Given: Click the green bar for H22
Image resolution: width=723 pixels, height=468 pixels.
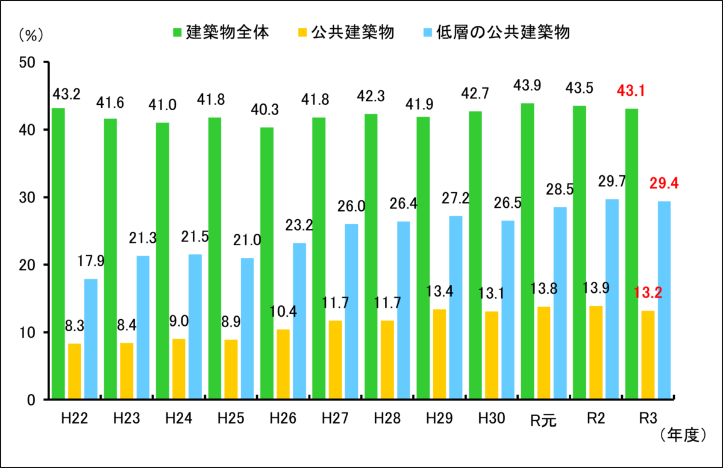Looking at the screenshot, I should (x=58, y=253).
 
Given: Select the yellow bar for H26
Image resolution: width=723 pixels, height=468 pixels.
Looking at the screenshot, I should (x=283, y=364).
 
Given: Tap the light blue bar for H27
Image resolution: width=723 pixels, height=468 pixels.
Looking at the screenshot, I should (x=351, y=311).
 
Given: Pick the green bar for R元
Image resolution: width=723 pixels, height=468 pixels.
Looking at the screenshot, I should (x=527, y=251).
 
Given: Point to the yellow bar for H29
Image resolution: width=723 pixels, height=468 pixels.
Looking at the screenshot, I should (x=439, y=354).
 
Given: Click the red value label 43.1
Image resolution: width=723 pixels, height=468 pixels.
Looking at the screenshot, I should (x=632, y=92).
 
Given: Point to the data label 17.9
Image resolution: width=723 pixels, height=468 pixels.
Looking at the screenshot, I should (x=90, y=261).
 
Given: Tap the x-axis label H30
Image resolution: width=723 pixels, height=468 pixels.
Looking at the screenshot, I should (x=491, y=418).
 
